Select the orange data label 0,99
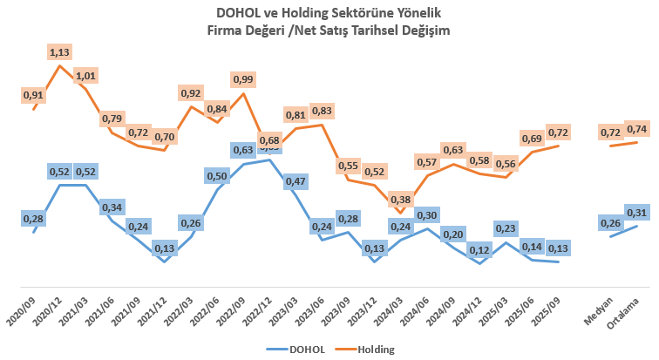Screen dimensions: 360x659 243,79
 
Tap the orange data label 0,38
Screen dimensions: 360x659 401,198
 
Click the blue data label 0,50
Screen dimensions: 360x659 217,176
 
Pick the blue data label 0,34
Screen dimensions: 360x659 112,207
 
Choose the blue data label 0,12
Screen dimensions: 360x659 479,248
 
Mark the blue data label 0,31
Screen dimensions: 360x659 637,212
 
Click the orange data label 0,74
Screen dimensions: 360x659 637,129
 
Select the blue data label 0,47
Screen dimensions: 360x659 296,181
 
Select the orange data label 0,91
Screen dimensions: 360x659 33,94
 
